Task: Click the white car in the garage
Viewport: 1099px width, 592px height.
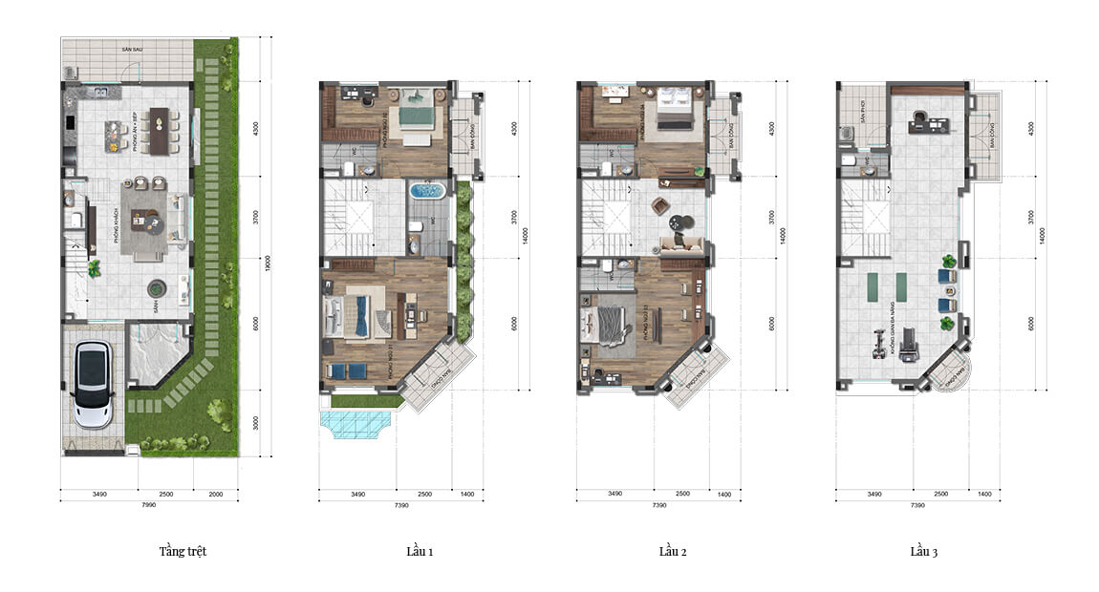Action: pos(93,385)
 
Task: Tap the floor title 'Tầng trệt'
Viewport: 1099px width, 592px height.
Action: pos(183,552)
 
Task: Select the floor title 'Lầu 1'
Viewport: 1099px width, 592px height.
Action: pos(420,552)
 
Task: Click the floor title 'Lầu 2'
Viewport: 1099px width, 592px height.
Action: pos(673,552)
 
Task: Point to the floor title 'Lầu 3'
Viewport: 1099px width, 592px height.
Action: pos(923,552)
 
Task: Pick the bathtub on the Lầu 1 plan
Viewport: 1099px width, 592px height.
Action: pos(427,191)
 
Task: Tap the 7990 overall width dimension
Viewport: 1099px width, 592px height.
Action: pos(148,504)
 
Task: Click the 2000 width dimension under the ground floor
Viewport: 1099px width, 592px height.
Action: pos(216,494)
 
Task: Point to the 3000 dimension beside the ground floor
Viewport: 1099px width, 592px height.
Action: pos(255,423)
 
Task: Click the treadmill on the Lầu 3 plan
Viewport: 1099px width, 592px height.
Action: pos(910,337)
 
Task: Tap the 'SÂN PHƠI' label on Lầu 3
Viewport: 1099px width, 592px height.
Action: pos(855,96)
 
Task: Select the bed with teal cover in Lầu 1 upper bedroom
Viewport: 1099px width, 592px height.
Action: pos(417,112)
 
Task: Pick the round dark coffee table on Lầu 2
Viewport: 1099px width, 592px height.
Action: pos(677,223)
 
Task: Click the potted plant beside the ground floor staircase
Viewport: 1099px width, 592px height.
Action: pos(94,268)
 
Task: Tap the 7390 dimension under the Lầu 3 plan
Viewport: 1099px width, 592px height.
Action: pos(917,504)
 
